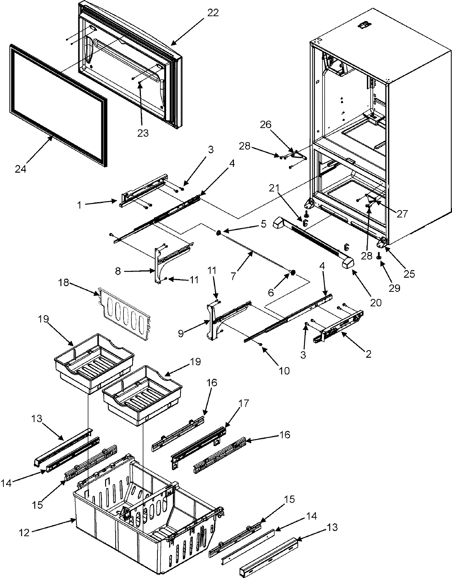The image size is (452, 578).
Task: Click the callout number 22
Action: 213,12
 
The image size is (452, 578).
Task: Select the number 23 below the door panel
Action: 143,133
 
